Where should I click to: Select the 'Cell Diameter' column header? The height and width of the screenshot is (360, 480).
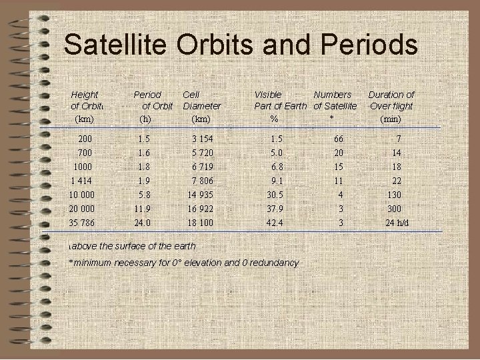click(201, 101)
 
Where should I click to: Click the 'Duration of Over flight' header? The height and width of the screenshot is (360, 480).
click(391, 101)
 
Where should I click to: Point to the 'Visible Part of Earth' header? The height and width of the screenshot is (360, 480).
click(280, 101)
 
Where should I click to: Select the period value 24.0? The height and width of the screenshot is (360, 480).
click(143, 223)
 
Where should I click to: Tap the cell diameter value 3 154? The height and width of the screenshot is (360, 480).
click(202, 139)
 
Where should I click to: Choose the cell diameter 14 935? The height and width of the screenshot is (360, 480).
click(201, 195)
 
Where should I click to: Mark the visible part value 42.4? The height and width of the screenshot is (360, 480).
click(274, 223)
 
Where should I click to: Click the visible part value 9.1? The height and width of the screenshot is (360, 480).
click(277, 181)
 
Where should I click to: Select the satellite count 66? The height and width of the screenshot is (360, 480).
click(339, 139)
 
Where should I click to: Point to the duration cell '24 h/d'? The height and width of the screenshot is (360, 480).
click(398, 223)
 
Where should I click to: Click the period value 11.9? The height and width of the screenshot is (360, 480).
click(143, 209)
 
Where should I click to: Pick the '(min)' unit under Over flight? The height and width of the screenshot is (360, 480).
click(391, 119)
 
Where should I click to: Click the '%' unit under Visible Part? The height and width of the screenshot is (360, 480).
click(274, 119)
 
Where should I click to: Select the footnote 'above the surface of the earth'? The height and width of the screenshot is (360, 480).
click(133, 246)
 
